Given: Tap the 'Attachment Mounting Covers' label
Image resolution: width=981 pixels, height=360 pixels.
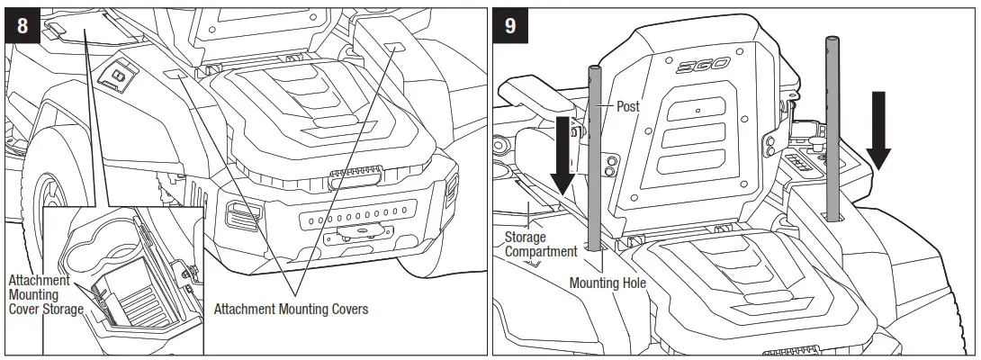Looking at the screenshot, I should click(291, 309).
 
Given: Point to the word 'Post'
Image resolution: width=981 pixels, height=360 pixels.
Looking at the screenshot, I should click(628, 106).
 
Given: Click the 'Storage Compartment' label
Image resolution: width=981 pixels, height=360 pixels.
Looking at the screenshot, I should click(539, 245).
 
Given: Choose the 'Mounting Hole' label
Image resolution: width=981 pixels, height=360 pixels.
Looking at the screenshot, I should click(607, 283).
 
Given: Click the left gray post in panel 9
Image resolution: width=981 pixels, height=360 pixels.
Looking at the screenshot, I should click(593, 157).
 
